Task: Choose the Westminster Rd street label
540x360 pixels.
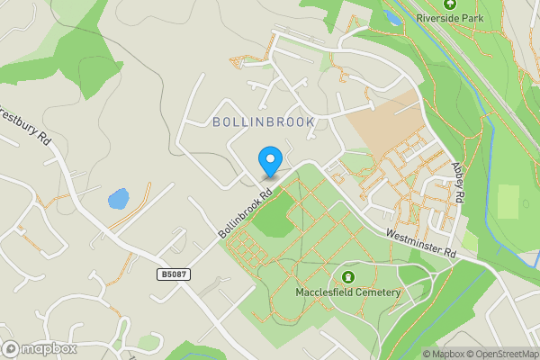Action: click(x=421, y=245)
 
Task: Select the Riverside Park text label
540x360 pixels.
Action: click(x=450, y=17)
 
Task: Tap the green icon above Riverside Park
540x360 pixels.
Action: click(x=450, y=4)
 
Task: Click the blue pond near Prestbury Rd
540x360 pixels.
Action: click(x=117, y=199)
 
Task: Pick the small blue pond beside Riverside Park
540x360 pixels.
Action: click(x=391, y=16)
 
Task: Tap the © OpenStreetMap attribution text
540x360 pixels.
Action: click(x=498, y=354)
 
